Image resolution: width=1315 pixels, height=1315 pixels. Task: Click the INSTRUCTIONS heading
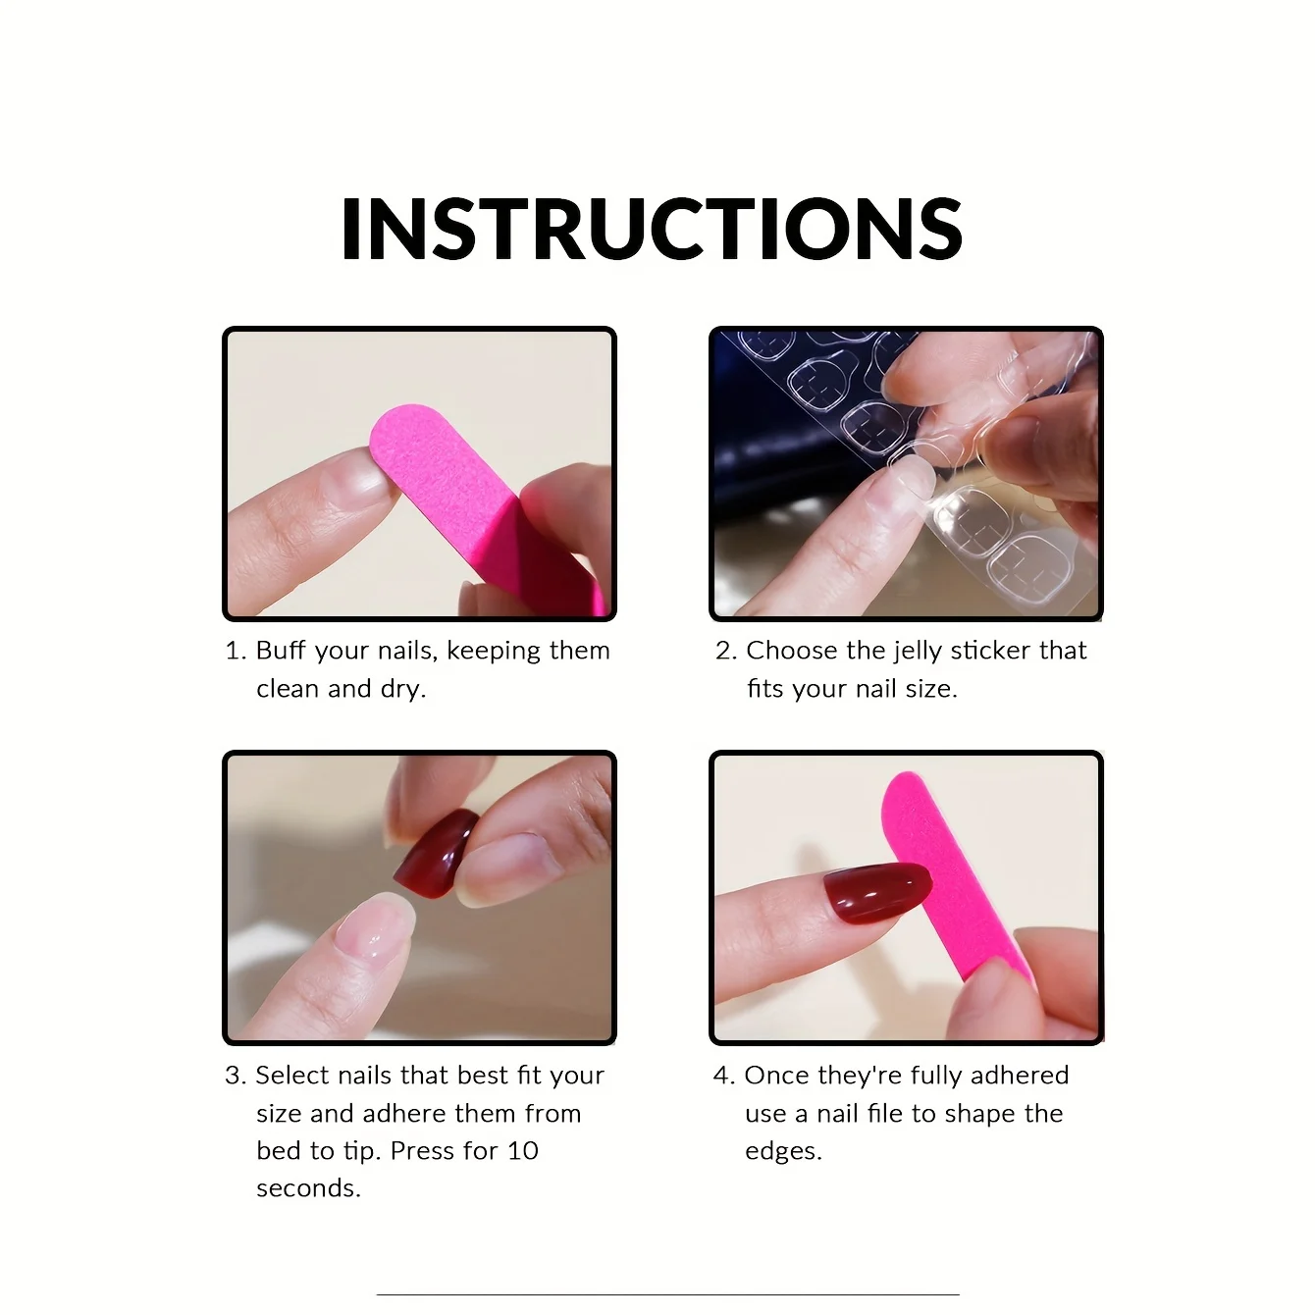(x=651, y=229)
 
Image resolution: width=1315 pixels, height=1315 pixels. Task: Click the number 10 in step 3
(x=522, y=1151)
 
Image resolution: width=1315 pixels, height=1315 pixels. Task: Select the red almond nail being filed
(x=877, y=892)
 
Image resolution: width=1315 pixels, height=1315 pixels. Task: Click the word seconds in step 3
(x=308, y=1188)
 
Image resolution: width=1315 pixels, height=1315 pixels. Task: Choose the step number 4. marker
(x=724, y=1076)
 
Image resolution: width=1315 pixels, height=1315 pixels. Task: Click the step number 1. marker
(x=237, y=651)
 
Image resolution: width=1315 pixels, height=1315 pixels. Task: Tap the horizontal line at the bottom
(x=668, y=1293)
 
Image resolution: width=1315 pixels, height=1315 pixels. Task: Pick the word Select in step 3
(x=292, y=1076)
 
